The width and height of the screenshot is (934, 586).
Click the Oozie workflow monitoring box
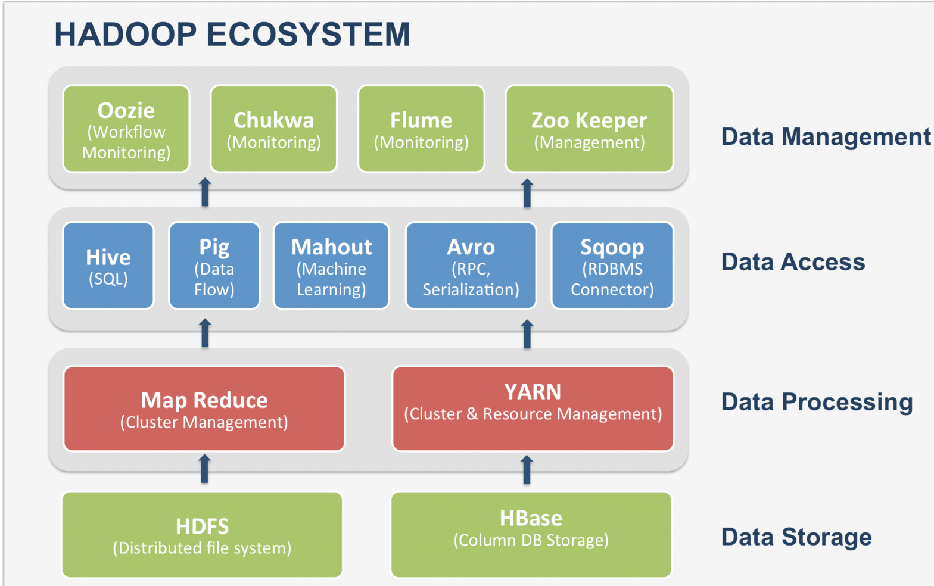tap(126, 129)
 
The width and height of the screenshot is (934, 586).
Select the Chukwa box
tap(273, 129)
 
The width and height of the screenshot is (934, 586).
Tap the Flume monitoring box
tap(421, 129)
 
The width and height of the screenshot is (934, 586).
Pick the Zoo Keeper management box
tap(590, 129)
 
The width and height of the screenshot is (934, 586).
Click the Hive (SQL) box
tap(108, 266)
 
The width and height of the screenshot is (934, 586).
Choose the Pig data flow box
tap(214, 266)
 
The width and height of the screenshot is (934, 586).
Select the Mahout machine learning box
tap(331, 266)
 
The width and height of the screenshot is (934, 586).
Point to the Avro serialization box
tap(471, 266)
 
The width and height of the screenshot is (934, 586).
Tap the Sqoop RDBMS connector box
tap(612, 266)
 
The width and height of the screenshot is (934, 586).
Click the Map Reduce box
tap(204, 409)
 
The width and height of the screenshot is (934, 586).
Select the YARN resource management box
tap(533, 409)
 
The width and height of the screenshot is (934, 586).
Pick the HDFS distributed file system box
tap(203, 535)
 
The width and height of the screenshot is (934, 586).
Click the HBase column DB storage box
tap(531, 535)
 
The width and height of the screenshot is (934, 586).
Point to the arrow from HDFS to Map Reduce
tap(205, 469)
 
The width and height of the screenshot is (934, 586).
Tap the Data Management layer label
tap(826, 137)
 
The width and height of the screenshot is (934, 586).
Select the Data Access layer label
tap(793, 262)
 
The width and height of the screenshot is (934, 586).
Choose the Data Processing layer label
tap(817, 402)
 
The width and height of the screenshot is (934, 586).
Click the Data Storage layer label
tap(796, 537)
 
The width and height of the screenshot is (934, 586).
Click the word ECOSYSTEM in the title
tap(309, 34)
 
